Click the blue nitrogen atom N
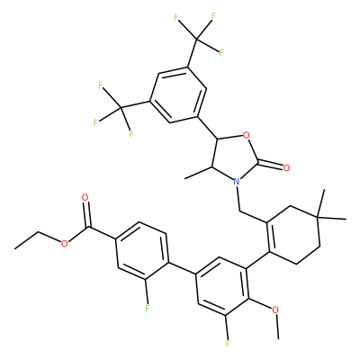[237, 182]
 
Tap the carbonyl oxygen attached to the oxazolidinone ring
[286, 167]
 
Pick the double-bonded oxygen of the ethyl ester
[85, 198]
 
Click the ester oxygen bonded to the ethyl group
[64, 244]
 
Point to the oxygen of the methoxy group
[275, 310]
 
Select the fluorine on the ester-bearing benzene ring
[147, 308]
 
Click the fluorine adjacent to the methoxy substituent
[228, 343]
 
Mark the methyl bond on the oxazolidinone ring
[199, 173]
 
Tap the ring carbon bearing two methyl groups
[318, 216]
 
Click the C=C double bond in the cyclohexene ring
[268, 237]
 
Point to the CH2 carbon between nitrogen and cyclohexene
[240, 211]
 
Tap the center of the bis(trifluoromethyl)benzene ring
[178, 94]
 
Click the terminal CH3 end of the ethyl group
[14, 248]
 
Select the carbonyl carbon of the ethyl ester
[89, 229]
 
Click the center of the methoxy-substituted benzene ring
[222, 286]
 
